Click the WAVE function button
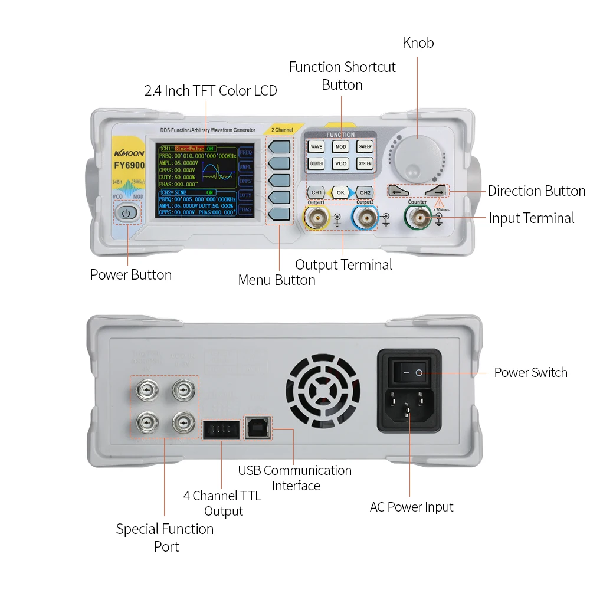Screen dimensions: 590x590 pos(316,146)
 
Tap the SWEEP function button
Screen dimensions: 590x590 pos(365,146)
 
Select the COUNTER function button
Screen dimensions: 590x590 pos(316,163)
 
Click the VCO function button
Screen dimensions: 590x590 pos(340,163)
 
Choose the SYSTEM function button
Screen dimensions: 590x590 pos(365,163)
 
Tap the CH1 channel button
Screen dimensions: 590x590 pos(316,192)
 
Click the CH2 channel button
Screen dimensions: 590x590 pos(365,192)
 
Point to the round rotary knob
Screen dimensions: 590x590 pos(417,155)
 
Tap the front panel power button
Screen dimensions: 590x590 pos(128,213)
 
